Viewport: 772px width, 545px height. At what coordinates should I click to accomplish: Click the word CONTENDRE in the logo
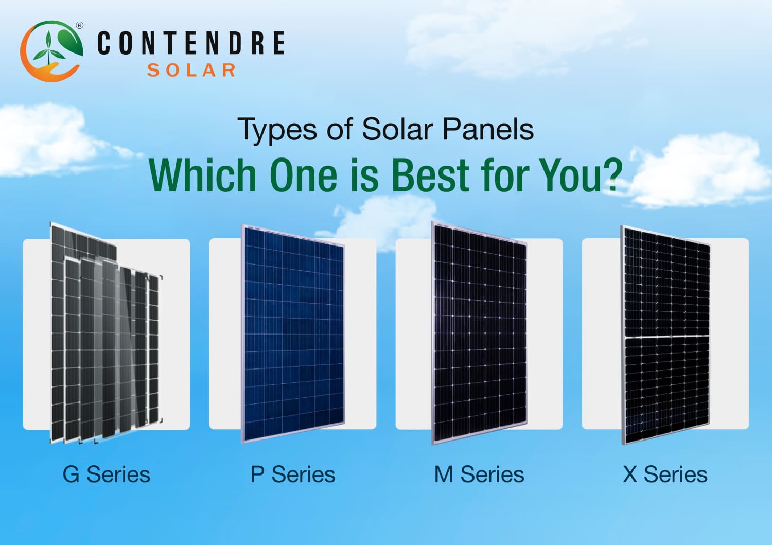(x=191, y=43)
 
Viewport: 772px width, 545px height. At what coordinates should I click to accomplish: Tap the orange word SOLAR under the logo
(x=191, y=70)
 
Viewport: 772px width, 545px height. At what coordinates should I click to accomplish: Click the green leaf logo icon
(x=51, y=50)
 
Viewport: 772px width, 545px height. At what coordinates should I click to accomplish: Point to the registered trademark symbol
(x=79, y=25)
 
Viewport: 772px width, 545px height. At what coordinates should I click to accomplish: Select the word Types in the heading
(x=277, y=130)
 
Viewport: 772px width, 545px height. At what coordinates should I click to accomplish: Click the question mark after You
(x=612, y=176)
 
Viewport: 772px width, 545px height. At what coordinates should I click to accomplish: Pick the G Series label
(x=107, y=474)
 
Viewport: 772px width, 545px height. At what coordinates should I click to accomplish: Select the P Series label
(x=293, y=474)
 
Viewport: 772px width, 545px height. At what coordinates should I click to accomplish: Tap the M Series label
(x=479, y=474)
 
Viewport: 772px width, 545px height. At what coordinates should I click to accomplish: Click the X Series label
(x=665, y=474)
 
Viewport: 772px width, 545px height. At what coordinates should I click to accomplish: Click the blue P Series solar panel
(x=293, y=335)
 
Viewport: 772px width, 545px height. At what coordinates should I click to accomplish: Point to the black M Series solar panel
(x=480, y=335)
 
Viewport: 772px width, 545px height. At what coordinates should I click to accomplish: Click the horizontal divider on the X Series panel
(x=667, y=338)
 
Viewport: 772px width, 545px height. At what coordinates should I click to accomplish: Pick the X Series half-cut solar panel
(x=666, y=288)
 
